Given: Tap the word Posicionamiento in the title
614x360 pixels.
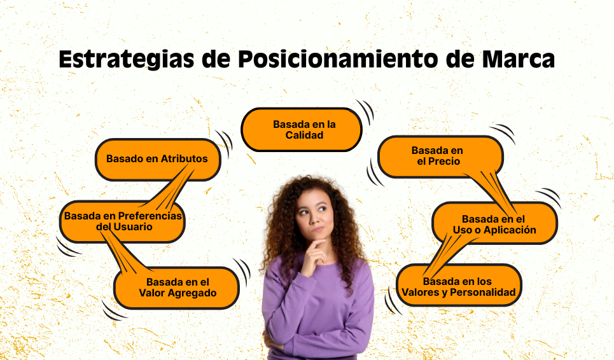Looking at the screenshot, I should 333,59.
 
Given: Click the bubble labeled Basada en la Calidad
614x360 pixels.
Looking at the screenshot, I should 302,129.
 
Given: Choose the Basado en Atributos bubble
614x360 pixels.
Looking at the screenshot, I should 157,159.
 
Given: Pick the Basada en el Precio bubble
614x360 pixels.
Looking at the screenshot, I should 439,156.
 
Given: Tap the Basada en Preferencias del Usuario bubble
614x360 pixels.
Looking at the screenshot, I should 122,221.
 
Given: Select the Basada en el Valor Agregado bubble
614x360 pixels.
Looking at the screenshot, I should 177,287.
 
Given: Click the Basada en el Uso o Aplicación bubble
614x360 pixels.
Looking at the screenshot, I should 494,224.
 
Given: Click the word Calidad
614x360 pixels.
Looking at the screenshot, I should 304,135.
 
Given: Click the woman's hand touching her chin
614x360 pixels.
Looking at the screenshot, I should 314,254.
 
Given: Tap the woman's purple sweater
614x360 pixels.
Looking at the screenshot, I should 318,305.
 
